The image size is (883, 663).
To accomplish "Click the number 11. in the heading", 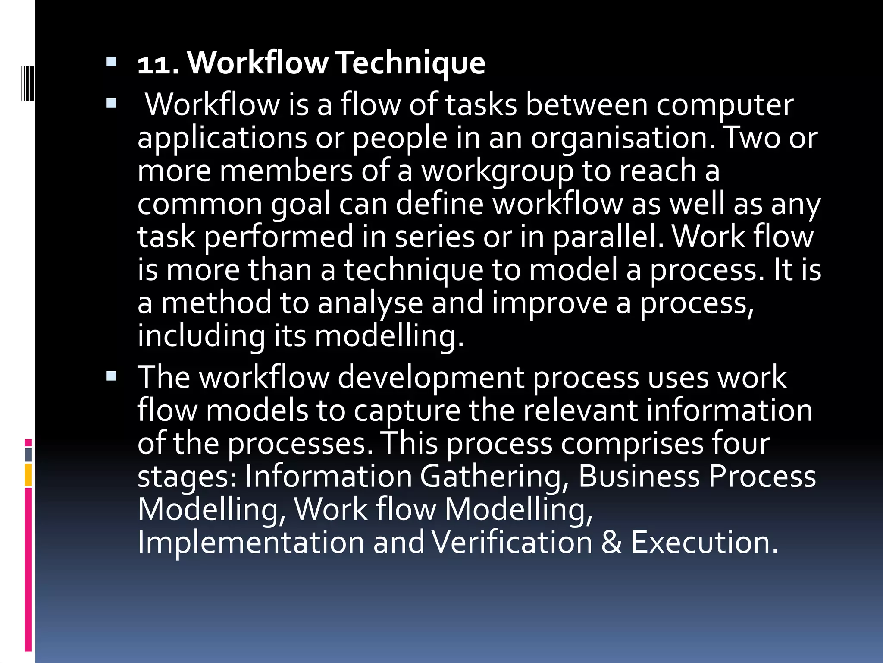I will (x=158, y=64).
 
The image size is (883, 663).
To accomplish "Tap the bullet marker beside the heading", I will (x=111, y=62).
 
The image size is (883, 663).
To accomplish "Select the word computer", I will (x=724, y=105).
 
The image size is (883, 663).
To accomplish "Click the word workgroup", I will (x=497, y=171).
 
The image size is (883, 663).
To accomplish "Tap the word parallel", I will (x=608, y=237).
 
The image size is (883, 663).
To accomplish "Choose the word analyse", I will (x=370, y=303).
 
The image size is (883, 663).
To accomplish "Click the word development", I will (x=430, y=377).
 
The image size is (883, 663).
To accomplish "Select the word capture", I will (x=407, y=410).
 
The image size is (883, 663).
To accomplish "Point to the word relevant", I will (x=580, y=410).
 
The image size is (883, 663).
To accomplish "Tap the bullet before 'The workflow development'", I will (x=111, y=376).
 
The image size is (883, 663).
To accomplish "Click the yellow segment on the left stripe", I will (x=28, y=475).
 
